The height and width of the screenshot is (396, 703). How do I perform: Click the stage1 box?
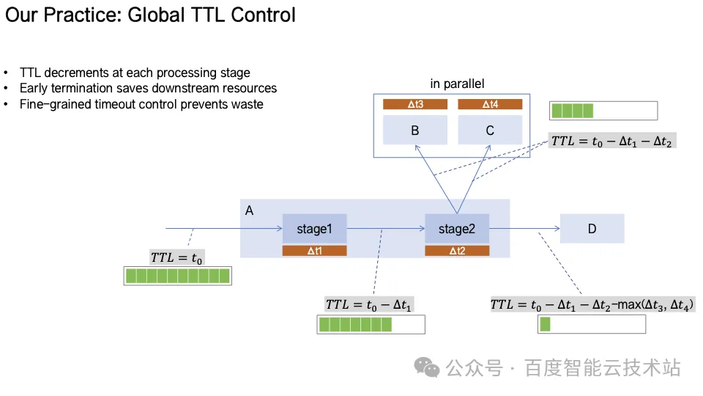(x=314, y=229)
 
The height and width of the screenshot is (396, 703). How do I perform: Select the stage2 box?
(x=457, y=229)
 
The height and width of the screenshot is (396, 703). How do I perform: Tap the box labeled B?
(x=415, y=130)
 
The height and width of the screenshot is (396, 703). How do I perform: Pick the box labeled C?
(x=490, y=130)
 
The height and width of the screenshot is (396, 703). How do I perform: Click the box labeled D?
(x=592, y=229)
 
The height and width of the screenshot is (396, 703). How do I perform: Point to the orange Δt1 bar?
(x=314, y=251)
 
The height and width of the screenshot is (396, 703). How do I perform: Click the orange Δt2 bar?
(x=457, y=251)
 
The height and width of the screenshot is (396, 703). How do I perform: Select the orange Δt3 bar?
(x=415, y=104)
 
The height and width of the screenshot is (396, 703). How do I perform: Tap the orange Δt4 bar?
(x=490, y=104)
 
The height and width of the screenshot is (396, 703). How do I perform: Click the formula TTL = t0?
(x=176, y=257)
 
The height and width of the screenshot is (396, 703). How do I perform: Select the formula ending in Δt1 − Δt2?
(x=611, y=141)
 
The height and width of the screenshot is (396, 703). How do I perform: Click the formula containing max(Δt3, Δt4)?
(x=592, y=304)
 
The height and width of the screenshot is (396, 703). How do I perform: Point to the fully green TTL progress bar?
(x=178, y=276)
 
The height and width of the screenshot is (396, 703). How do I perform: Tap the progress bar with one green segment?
(x=592, y=324)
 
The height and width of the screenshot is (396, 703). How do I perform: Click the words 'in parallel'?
(x=457, y=84)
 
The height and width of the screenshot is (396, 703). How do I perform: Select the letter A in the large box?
(x=249, y=210)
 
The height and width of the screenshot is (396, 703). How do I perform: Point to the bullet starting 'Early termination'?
(x=148, y=88)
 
